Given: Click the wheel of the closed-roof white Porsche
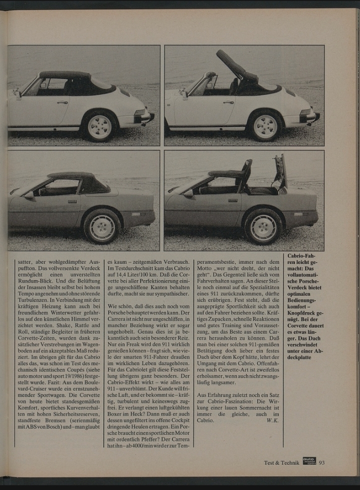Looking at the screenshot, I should (x=100, y=127).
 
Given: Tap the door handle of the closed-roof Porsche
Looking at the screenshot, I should (x=62, y=102).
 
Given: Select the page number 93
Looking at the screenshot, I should (x=321, y=462).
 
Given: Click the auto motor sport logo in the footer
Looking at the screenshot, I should (x=309, y=461).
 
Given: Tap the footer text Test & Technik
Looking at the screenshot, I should (x=281, y=463).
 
